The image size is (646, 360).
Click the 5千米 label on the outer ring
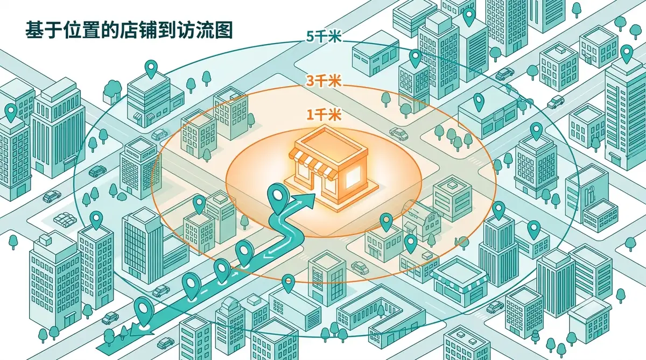click(x=324, y=37)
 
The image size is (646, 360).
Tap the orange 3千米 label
click(x=324, y=81)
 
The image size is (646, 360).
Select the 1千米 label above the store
click(x=324, y=115)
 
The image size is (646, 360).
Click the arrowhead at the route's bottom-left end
click(x=141, y=329)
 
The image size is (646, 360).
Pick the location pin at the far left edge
click(x=11, y=112)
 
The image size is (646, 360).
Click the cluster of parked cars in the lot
click(x=66, y=220)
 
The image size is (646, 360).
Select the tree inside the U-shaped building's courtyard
click(x=381, y=310)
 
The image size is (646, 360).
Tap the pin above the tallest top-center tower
click(x=469, y=17)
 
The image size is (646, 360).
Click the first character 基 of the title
click(x=34, y=30)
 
